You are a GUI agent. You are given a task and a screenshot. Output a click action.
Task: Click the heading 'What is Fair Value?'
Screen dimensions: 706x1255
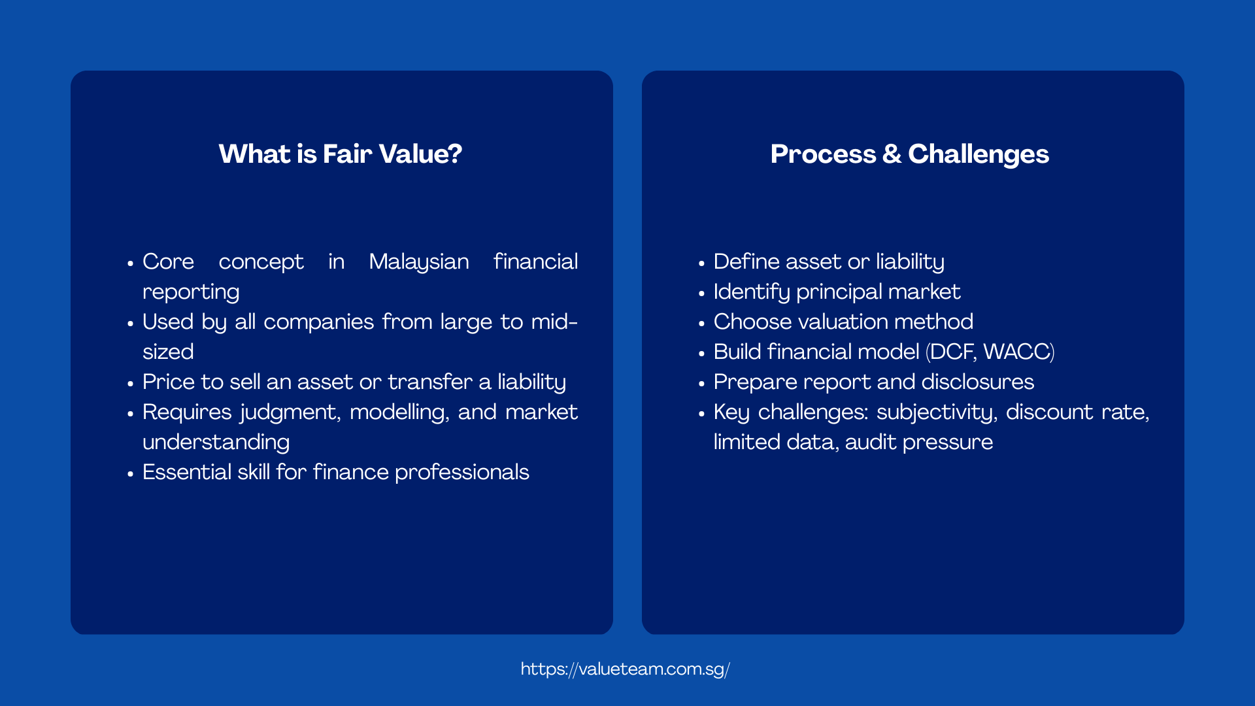(340, 154)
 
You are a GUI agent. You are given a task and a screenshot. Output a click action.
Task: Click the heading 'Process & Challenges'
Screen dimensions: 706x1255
(909, 154)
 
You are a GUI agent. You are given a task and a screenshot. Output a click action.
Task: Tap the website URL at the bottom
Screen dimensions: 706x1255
(625, 669)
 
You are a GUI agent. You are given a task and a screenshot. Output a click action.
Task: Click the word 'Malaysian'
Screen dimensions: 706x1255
(419, 262)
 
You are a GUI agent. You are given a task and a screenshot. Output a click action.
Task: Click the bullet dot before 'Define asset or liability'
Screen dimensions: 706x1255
(701, 263)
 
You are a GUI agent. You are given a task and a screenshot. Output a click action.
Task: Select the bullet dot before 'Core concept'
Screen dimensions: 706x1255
(130, 263)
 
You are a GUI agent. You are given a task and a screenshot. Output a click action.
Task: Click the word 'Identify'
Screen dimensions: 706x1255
(752, 292)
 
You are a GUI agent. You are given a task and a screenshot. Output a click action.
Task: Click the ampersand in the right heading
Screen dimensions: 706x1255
(892, 154)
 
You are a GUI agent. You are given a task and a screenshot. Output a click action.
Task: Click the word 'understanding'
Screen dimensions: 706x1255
(216, 443)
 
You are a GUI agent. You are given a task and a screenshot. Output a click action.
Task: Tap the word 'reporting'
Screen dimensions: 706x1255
(191, 292)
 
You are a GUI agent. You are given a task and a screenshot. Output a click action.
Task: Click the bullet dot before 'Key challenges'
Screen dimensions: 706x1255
(701, 414)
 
